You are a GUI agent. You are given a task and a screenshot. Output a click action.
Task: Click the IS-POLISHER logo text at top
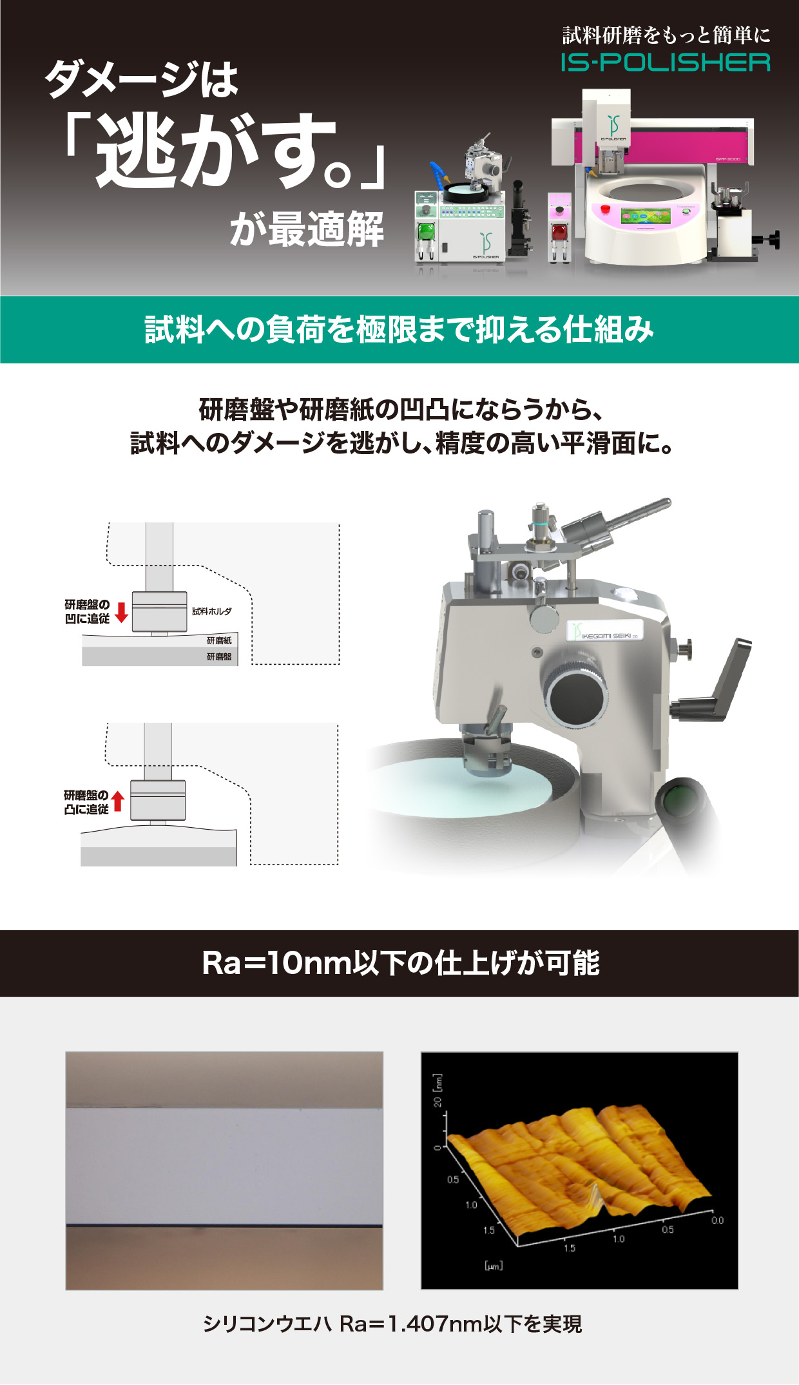point(665,62)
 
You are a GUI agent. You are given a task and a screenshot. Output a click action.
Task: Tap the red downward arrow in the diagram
point(121,613)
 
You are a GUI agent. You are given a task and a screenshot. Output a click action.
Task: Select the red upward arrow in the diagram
point(117,801)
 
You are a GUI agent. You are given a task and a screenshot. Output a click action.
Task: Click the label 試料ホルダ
point(211,611)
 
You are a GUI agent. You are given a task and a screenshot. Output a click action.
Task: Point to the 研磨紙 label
point(219,640)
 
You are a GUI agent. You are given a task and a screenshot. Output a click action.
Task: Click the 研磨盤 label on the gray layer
point(219,657)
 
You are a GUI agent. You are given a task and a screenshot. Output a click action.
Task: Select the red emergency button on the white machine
point(606,208)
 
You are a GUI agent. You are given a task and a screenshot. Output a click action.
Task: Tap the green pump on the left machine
point(425,233)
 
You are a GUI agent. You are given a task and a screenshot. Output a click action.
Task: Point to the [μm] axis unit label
point(494,1265)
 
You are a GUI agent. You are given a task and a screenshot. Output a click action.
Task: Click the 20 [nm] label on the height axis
point(438,1090)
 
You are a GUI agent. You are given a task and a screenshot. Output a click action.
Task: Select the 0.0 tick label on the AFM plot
point(717,1220)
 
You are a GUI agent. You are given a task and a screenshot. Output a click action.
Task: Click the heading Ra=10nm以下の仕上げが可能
point(401,963)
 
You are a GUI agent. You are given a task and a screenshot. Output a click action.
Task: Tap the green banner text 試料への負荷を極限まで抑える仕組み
point(400,329)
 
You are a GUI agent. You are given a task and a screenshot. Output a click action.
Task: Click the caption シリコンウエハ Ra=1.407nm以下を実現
point(392,1324)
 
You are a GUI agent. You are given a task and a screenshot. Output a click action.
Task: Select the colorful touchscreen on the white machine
point(645,216)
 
